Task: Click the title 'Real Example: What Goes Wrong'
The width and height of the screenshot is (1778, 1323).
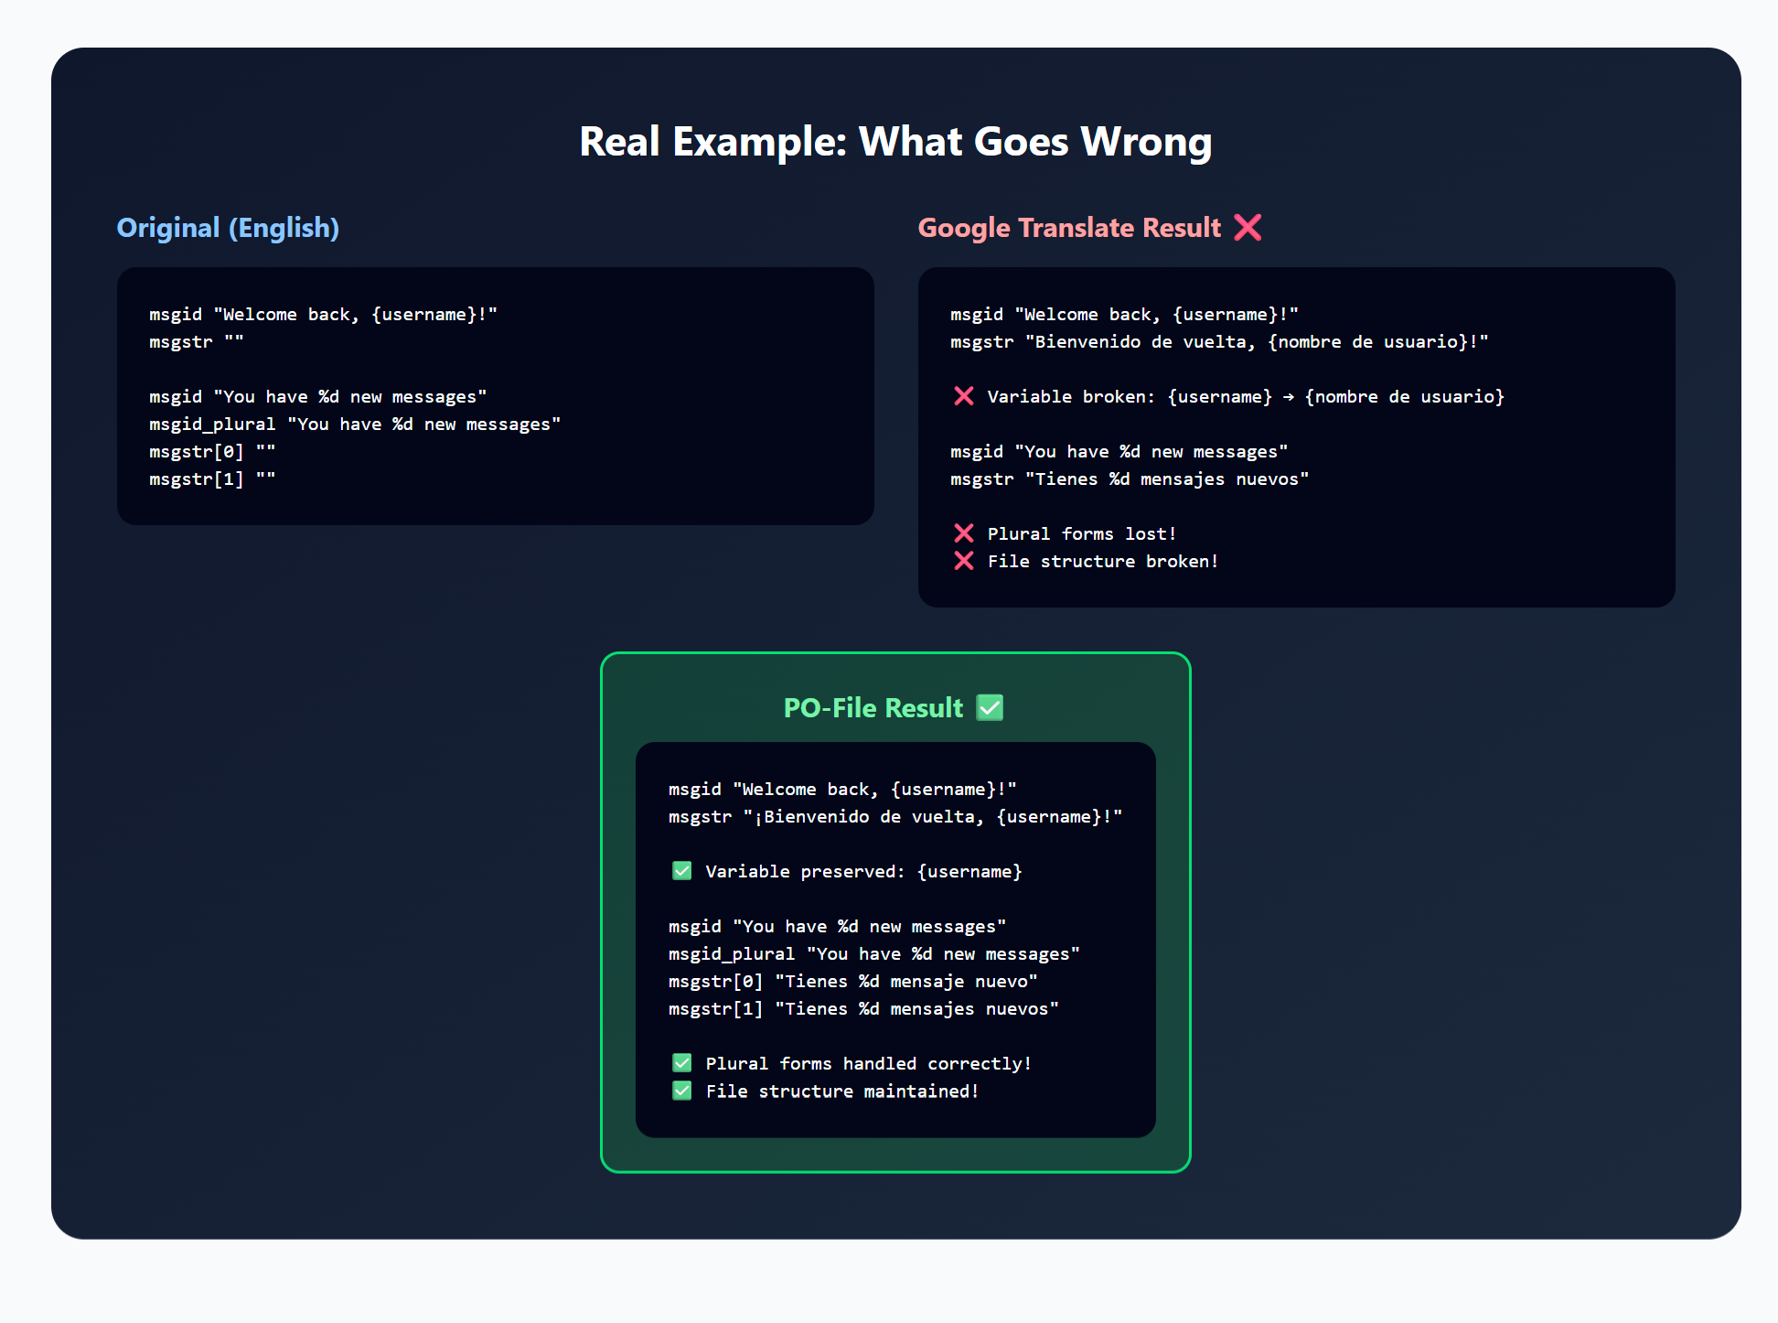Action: click(895, 142)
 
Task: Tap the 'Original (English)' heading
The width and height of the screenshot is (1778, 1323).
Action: click(228, 228)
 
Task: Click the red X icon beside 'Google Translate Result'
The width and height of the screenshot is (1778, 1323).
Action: click(1248, 227)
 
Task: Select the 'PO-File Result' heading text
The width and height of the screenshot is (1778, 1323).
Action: click(873, 708)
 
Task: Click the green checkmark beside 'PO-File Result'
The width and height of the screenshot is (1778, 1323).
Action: click(990, 707)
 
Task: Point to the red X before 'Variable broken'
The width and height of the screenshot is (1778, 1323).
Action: click(964, 396)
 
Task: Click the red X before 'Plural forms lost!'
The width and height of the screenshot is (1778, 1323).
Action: click(964, 533)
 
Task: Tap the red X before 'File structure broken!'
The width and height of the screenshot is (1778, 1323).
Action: click(964, 561)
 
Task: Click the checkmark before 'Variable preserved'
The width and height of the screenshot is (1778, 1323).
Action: click(682, 871)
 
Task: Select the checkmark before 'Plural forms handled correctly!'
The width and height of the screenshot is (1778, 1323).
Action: click(682, 1063)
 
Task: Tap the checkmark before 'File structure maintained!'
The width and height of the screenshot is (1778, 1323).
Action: click(682, 1091)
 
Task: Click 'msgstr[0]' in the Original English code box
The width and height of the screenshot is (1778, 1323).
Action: click(197, 452)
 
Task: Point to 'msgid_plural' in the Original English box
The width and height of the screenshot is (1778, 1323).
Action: click(212, 425)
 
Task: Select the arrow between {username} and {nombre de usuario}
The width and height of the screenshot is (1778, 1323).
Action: click(1289, 397)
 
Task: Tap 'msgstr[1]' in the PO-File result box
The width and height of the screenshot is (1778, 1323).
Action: click(716, 1009)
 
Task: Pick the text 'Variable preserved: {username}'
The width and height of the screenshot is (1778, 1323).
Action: click(864, 872)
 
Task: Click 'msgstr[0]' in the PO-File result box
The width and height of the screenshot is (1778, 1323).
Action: click(716, 982)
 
